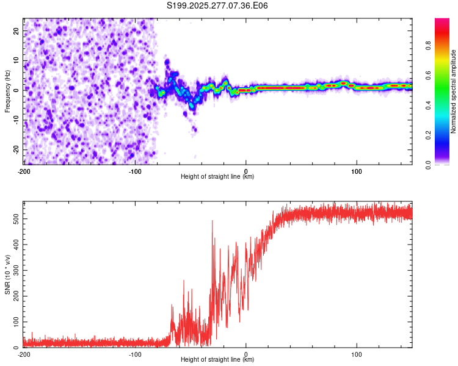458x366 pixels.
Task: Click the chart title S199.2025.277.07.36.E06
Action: click(x=217, y=5)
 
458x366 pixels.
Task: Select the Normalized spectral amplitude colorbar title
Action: click(x=453, y=91)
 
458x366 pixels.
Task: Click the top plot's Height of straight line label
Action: click(x=217, y=176)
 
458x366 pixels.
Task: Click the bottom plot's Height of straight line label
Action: click(x=217, y=359)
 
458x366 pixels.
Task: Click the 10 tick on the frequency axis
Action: click(x=16, y=60)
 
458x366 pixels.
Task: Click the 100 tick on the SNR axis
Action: click(x=14, y=321)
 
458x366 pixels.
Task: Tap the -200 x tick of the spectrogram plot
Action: click(x=24, y=170)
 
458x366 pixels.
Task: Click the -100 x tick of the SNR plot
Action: click(x=135, y=354)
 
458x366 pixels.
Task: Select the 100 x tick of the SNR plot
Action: click(x=357, y=354)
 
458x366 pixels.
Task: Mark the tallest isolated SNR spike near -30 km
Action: click(x=213, y=221)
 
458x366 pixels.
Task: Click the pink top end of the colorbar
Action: click(x=442, y=21)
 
